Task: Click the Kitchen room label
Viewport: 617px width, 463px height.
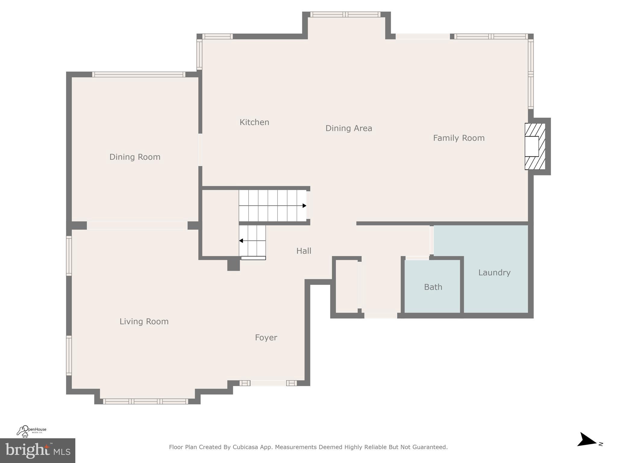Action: coord(254,122)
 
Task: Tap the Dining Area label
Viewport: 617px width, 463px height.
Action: coord(349,128)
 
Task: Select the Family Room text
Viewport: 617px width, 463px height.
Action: coord(459,138)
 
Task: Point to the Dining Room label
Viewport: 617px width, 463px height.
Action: coord(135,157)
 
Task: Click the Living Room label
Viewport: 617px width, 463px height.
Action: coord(144,322)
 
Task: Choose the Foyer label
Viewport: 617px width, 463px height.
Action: coord(266,338)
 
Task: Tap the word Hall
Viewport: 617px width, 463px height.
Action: coord(304,251)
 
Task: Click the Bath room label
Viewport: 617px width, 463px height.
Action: coord(433,287)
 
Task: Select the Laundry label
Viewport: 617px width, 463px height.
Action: coord(494,273)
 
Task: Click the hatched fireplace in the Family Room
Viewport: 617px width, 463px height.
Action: coord(535,146)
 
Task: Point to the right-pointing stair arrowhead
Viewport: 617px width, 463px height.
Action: coord(304,206)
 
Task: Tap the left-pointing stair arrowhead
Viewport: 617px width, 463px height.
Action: coord(241,241)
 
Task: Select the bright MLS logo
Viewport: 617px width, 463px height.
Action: coord(37,451)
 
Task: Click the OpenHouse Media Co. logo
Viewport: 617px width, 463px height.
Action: coord(31,431)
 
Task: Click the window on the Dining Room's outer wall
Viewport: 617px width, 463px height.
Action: coord(139,74)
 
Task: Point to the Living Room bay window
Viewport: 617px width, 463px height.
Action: coord(146,401)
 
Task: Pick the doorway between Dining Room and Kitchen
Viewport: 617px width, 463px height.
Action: coord(200,150)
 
